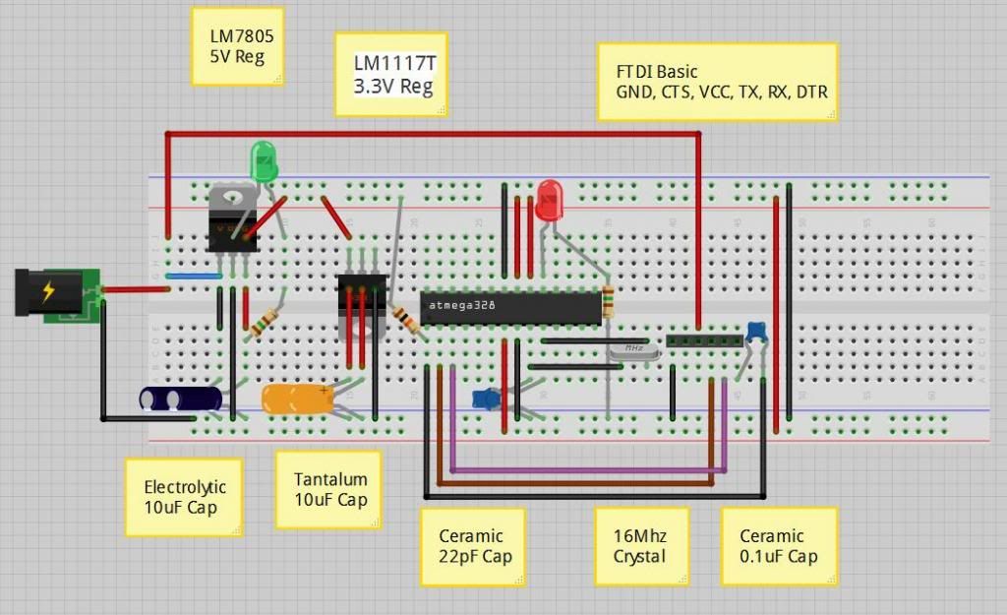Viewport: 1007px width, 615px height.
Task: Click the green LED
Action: tap(263, 160)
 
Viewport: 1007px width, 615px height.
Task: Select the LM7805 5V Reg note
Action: tap(239, 47)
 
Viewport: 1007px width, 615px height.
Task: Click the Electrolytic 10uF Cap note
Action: tap(184, 497)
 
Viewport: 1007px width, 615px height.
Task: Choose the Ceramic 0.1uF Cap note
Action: tap(779, 547)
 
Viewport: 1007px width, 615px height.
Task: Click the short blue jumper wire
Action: tap(192, 277)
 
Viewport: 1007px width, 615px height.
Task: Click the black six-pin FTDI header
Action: tap(704, 340)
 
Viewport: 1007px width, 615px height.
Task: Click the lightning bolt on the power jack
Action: tap(47, 292)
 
